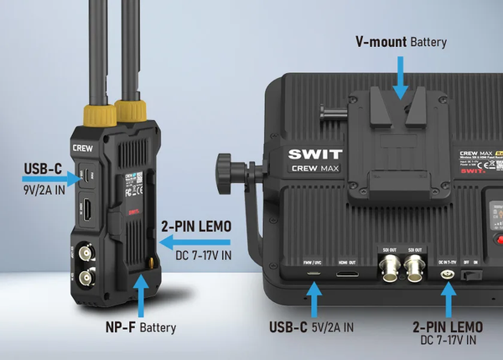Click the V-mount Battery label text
click(402, 42)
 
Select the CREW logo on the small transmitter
click(84, 146)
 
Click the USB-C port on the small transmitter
click(85, 177)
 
